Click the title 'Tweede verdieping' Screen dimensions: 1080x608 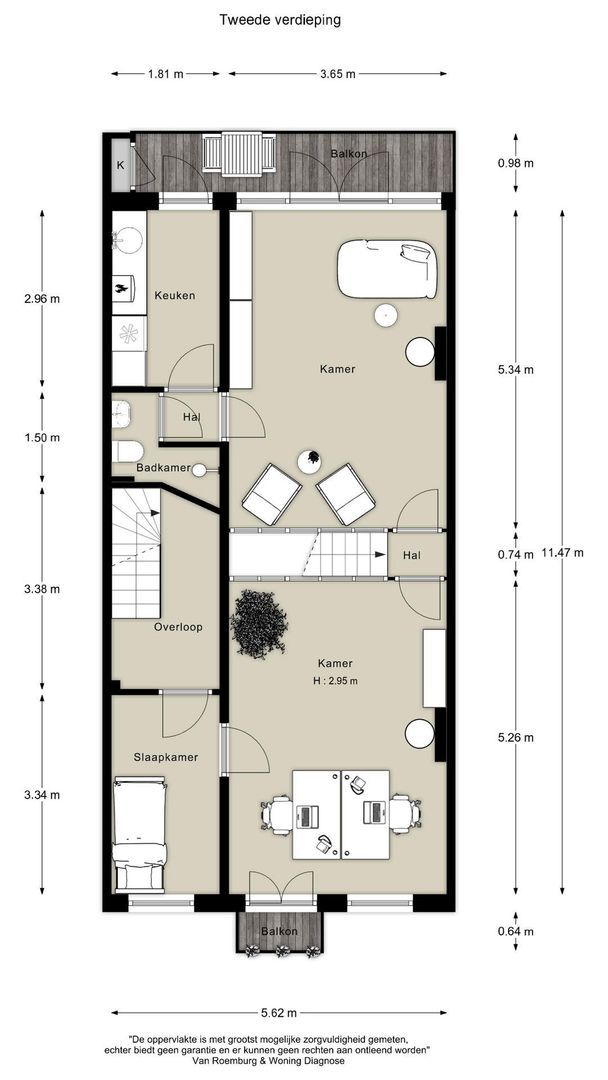[x=279, y=18]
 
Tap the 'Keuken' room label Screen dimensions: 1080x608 [x=174, y=296]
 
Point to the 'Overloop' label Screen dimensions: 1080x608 [x=178, y=627]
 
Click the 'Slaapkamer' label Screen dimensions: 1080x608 [x=165, y=757]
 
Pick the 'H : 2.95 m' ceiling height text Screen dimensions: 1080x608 [x=335, y=681]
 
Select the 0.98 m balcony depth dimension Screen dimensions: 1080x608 [x=515, y=163]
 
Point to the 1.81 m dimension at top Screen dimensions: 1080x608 [x=166, y=74]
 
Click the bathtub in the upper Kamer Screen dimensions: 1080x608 [x=387, y=268]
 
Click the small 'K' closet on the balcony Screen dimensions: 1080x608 [x=120, y=165]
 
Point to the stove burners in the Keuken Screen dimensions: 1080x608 [x=127, y=334]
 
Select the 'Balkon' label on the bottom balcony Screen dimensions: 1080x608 [x=280, y=931]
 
